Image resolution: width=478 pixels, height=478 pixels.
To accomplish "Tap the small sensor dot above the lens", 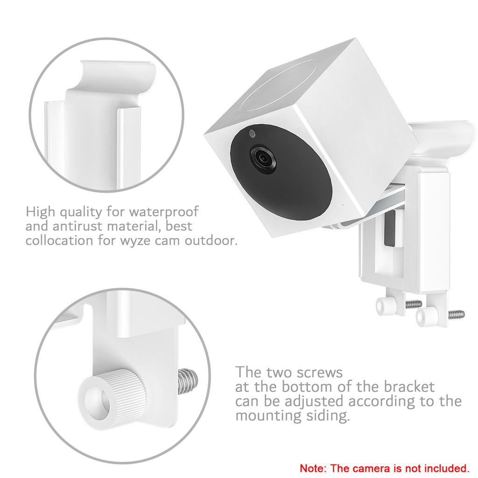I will pos(252,134).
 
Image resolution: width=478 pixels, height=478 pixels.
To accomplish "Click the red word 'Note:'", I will pos(314,467).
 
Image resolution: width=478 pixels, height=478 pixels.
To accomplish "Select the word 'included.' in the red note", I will pos(446,467).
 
